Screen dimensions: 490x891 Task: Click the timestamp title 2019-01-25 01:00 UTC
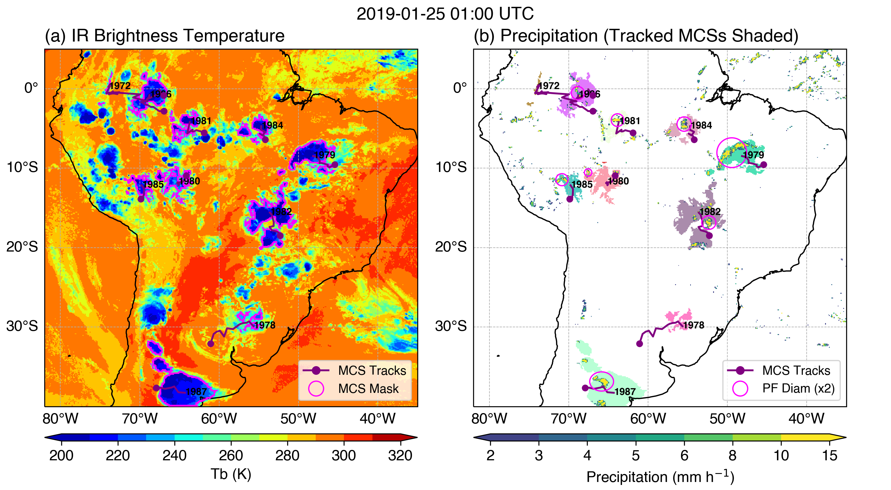[x=445, y=14]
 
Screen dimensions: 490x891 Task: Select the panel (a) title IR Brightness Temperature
[x=165, y=36]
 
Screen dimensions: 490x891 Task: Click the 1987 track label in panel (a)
[x=196, y=392]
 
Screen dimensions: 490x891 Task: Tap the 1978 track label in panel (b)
[x=693, y=325]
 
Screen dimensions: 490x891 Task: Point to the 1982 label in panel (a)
[x=281, y=212]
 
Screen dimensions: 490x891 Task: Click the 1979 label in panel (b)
[x=753, y=155]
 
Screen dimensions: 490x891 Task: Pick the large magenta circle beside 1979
[x=731, y=153]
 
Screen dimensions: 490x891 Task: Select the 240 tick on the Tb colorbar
[x=174, y=456]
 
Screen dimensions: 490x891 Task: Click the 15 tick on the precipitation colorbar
[x=830, y=456]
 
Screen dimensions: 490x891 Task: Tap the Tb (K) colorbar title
[x=231, y=474]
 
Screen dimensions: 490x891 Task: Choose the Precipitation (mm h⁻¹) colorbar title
[x=660, y=477]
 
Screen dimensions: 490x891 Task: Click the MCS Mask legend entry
[x=368, y=388]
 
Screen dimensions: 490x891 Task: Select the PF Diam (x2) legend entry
[x=798, y=388]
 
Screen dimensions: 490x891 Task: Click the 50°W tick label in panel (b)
[x=727, y=419]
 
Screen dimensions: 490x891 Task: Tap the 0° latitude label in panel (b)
[x=460, y=88]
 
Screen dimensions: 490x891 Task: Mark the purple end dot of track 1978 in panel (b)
[x=639, y=344]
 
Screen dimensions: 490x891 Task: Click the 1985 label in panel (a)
[x=153, y=184]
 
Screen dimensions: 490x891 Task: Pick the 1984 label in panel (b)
[x=702, y=125]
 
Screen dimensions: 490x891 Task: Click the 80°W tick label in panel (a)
[x=61, y=419]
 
